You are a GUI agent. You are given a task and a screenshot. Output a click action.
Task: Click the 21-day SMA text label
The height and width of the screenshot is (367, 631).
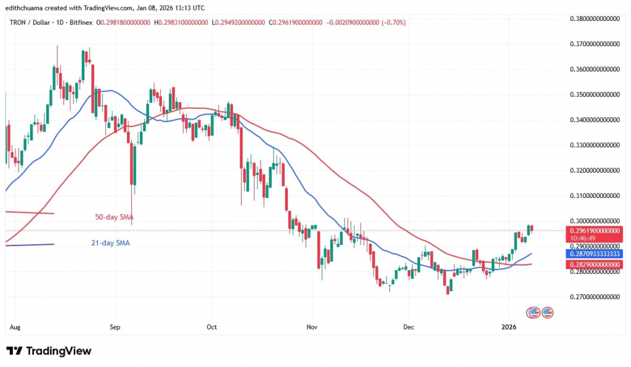[109, 243]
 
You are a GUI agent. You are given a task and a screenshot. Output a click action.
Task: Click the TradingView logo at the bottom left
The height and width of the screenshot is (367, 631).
[49, 351]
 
